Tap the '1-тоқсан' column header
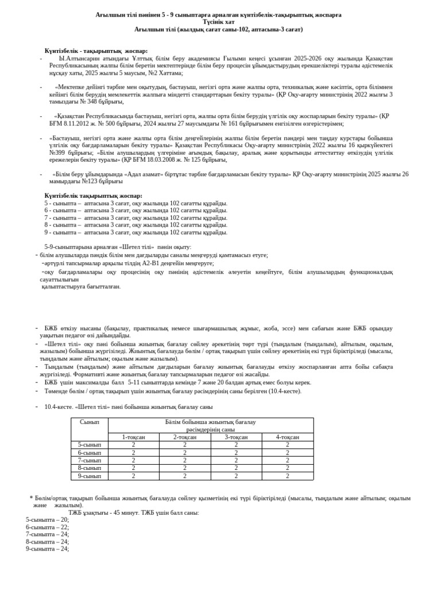[134, 437]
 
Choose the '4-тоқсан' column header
[288, 437]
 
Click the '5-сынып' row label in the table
[89, 445]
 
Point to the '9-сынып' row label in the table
[89, 476]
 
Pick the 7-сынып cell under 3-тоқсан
[236, 460]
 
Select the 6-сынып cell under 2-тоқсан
[185, 453]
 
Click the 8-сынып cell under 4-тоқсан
[288, 468]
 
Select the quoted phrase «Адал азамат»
[147, 174]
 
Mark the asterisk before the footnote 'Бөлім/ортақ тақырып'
[31, 498]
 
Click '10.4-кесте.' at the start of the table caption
[59, 407]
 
